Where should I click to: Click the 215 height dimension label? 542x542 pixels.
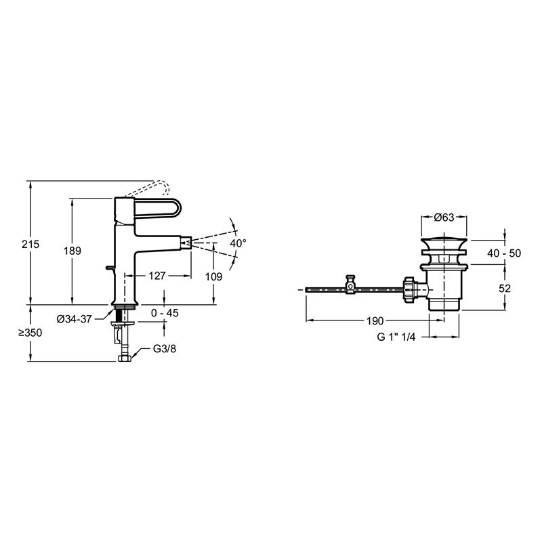click(x=30, y=244)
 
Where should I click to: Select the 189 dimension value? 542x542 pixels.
click(x=72, y=251)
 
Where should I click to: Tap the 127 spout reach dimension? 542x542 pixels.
click(x=157, y=276)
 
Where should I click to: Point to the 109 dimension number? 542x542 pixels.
click(x=213, y=276)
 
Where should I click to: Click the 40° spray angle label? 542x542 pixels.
click(x=238, y=243)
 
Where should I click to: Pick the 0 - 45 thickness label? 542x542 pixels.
click(x=165, y=313)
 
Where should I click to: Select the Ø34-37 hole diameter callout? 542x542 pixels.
click(x=75, y=318)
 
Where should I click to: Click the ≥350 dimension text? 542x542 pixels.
click(x=30, y=333)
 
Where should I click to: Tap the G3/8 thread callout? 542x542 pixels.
click(x=165, y=349)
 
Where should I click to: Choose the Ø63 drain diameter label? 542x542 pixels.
click(x=444, y=217)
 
